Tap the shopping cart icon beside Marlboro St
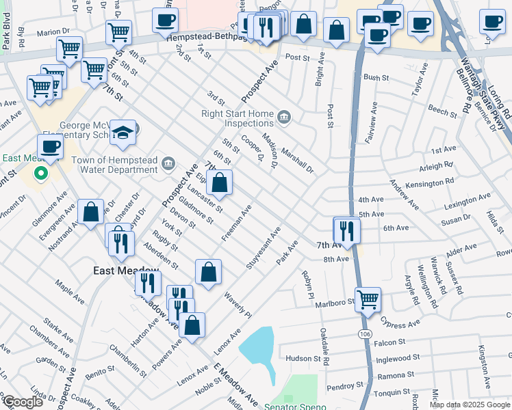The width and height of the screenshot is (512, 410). tap(368, 299)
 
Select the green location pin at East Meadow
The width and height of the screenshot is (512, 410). tap(40, 174)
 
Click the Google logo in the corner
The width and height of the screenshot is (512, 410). tap(23, 401)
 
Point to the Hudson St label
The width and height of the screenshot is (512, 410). tap(303, 358)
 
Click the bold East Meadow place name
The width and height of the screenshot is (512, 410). tap(116, 271)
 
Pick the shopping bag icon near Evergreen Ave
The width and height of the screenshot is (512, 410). tap(91, 212)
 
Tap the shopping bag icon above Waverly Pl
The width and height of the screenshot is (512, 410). tap(209, 272)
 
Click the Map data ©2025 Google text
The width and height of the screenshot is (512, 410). tap(469, 405)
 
